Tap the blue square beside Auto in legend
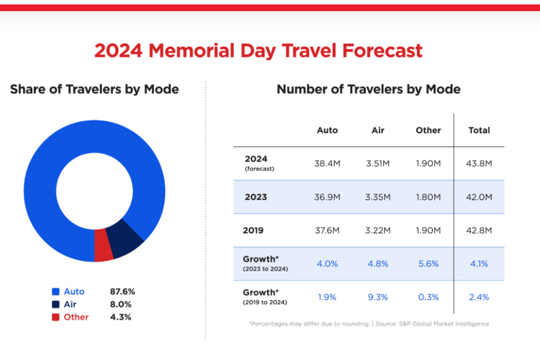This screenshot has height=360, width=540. tap(56, 292)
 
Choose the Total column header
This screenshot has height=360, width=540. tap(479, 131)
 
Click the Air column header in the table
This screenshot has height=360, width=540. tap(378, 131)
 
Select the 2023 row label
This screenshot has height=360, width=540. tap(256, 197)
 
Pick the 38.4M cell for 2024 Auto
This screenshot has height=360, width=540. tap(327, 164)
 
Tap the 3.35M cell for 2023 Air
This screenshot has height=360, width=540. tap(378, 197)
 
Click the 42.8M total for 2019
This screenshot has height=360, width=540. tap(479, 231)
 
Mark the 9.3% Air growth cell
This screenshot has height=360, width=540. tap(378, 297)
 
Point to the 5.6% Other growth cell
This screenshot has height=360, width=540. tap(428, 264)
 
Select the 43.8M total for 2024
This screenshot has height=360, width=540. tap(479, 164)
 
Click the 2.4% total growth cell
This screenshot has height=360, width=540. tap(479, 297)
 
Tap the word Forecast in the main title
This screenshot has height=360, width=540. tap(382, 51)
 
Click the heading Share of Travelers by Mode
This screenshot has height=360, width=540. tap(94, 89)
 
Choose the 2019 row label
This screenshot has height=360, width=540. tap(253, 231)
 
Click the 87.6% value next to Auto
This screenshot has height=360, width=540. tap(122, 292)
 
